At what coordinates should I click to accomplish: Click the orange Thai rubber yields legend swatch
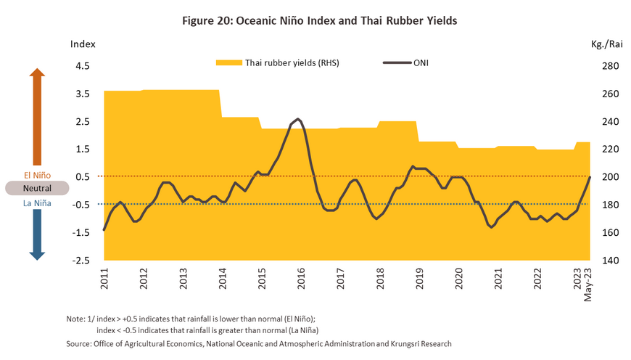point(228,63)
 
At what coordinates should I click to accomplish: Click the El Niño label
point(37,174)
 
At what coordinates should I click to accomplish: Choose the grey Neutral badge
point(37,188)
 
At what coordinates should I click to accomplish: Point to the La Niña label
point(37,203)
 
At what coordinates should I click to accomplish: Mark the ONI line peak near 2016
point(298,119)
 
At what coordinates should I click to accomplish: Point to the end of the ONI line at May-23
point(590,176)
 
